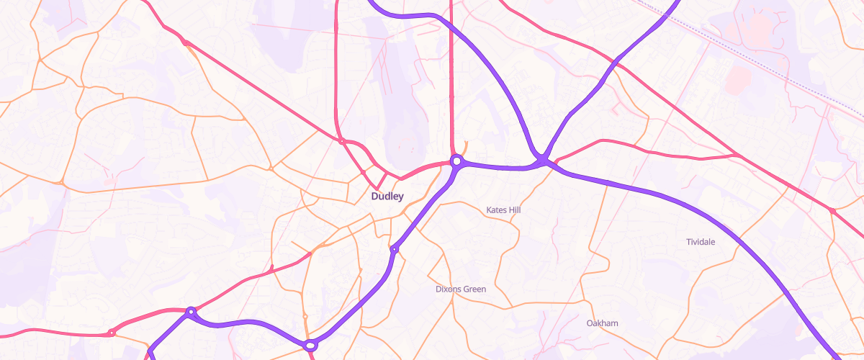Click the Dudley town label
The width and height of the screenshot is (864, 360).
tap(387, 196)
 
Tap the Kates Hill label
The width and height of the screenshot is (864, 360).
tap(503, 210)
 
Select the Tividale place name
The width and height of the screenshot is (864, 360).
tap(701, 242)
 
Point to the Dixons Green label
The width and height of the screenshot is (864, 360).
tap(461, 289)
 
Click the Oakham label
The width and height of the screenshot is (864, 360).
tap(603, 323)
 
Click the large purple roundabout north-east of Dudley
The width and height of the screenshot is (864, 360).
tap(456, 160)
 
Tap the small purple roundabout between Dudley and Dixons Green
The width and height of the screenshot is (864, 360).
tap(394, 249)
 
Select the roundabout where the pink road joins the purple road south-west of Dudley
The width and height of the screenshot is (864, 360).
tap(191, 312)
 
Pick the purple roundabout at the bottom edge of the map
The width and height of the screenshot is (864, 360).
tap(310, 346)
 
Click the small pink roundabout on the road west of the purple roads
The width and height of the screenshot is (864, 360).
tap(112, 333)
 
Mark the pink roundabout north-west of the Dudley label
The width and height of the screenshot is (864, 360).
tap(341, 141)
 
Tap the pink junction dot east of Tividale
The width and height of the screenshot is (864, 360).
tap(832, 211)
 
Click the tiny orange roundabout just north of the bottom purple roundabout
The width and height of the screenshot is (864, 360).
tap(305, 316)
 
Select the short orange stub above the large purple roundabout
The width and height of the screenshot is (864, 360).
tap(466, 146)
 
